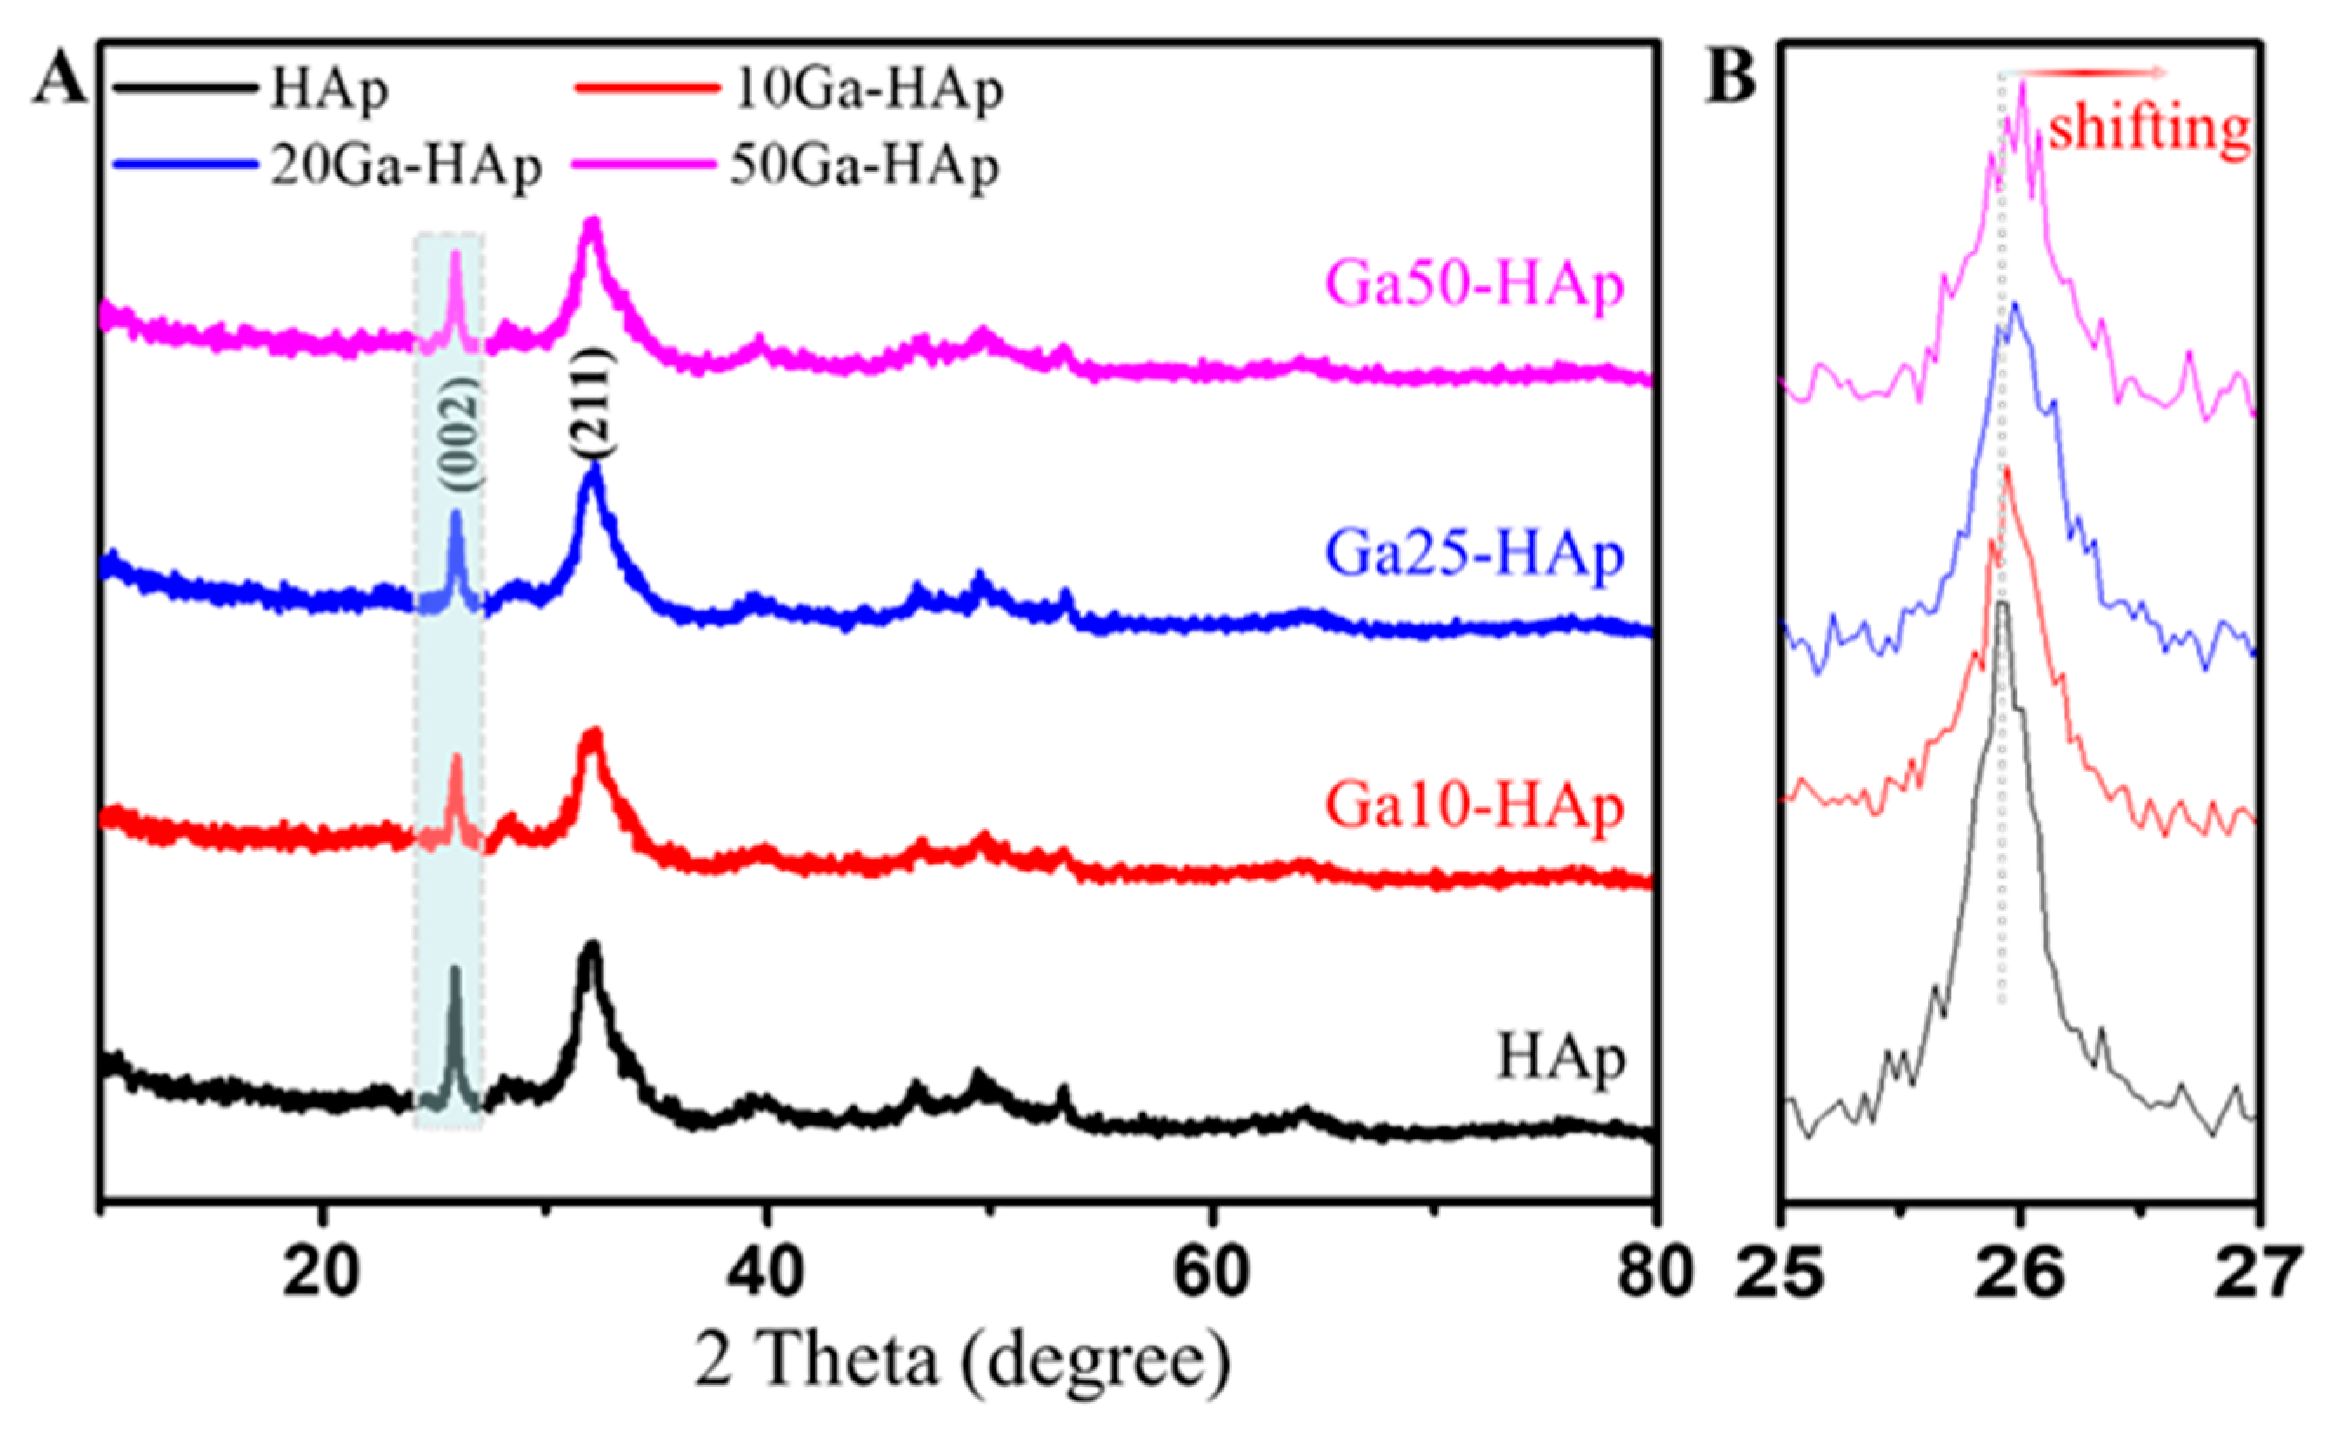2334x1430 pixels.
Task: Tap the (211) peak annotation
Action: (594, 403)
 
